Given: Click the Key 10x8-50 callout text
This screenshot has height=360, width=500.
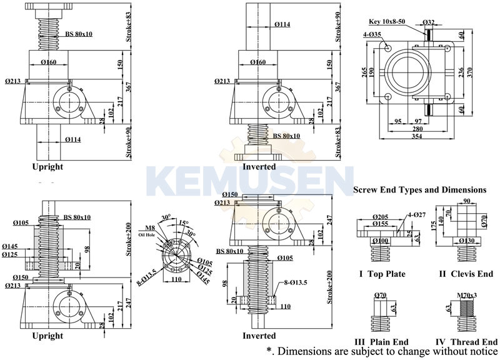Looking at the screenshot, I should [387, 21].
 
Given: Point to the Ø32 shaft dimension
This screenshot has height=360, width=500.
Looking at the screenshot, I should [429, 22].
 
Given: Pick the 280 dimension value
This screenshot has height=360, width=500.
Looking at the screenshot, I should [418, 129].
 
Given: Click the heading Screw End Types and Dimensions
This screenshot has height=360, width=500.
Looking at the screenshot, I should [419, 189].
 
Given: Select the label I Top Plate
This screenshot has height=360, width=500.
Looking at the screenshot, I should [382, 274].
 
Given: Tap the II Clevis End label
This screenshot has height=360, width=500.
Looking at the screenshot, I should [467, 274].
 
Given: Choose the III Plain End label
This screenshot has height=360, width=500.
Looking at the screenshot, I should [382, 342].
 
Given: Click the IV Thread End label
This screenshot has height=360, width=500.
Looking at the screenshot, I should [467, 342].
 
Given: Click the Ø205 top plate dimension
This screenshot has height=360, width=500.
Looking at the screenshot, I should [381, 216].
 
